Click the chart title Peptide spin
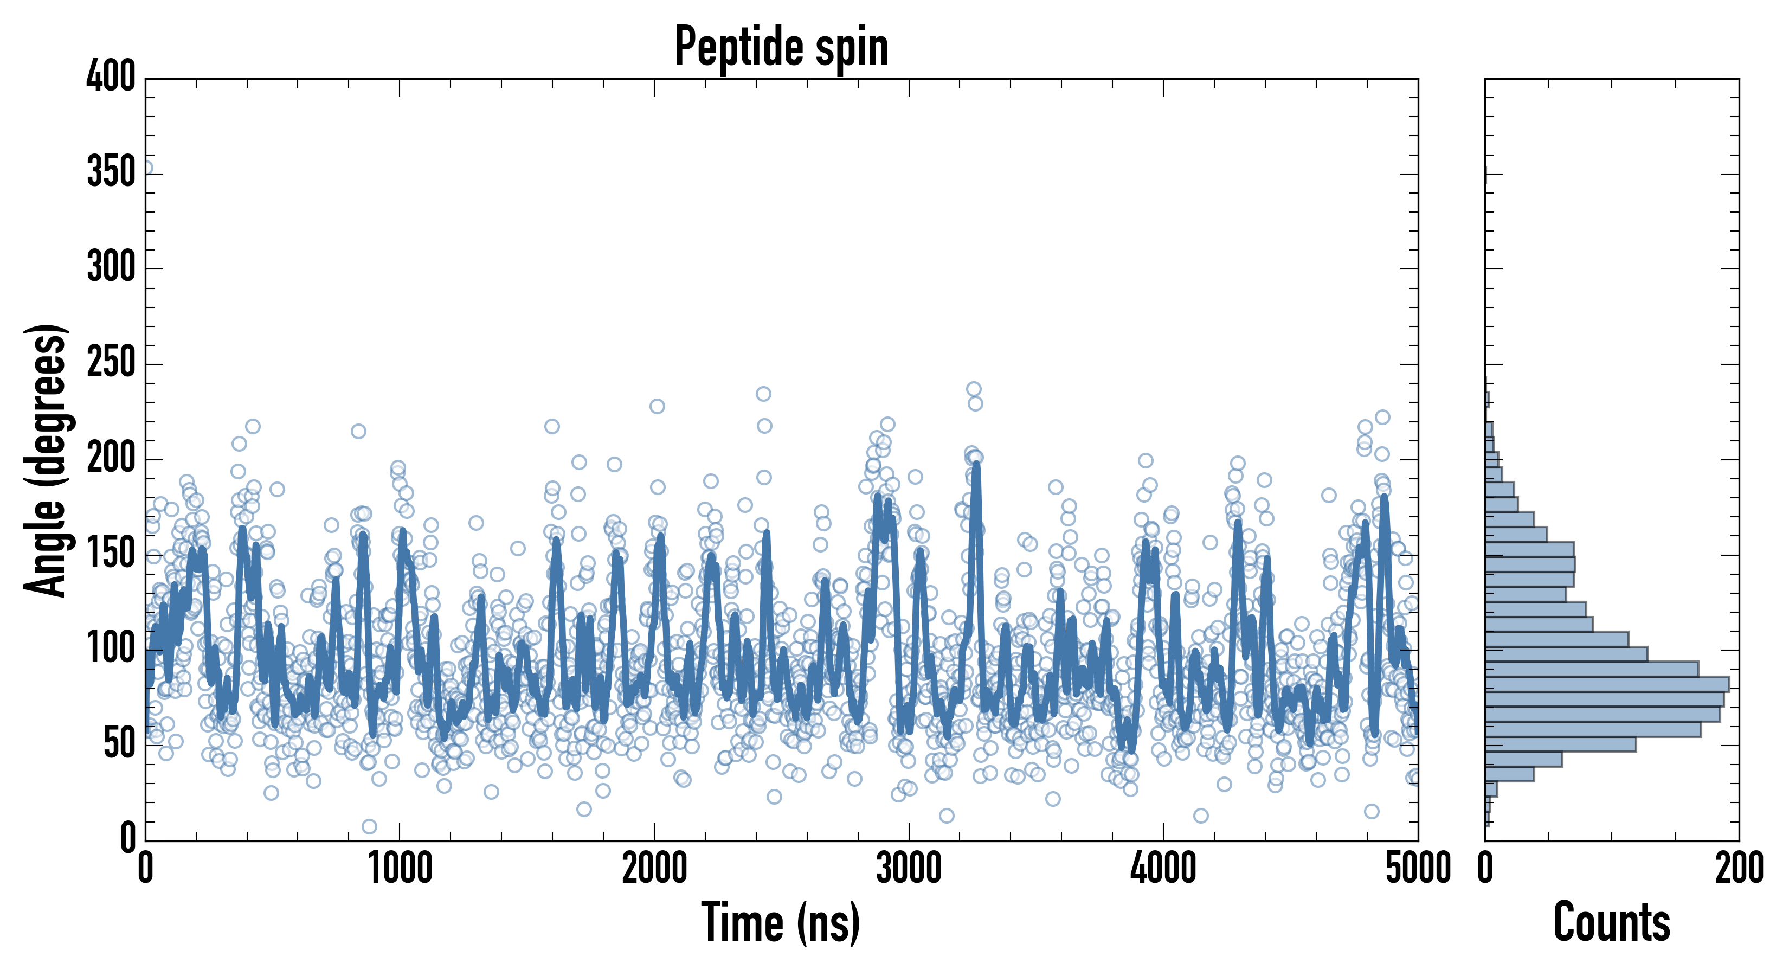point(781,47)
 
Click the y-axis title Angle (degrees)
point(46,460)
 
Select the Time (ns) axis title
point(781,922)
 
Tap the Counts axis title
point(1611,922)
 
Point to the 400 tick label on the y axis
point(111,76)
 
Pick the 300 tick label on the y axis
point(111,267)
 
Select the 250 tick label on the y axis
point(111,363)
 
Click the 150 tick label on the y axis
point(111,554)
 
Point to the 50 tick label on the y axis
point(119,744)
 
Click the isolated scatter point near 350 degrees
point(146,168)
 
